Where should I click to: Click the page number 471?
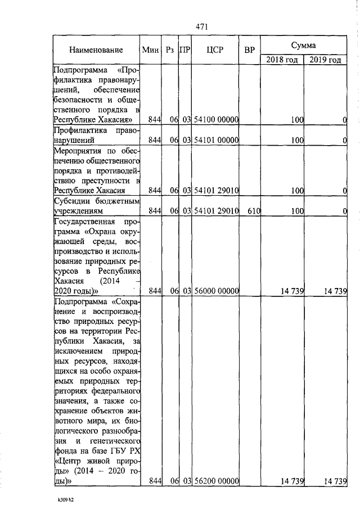202,26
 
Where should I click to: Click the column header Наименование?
96,50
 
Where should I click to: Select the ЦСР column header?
215,50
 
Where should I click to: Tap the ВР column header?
250,50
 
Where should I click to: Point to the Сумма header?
303,44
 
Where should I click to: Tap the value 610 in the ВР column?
250,211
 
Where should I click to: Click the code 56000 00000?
217,291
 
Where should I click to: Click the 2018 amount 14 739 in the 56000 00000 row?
292,291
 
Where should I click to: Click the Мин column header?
151,50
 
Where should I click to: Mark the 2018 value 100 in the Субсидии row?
297,211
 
